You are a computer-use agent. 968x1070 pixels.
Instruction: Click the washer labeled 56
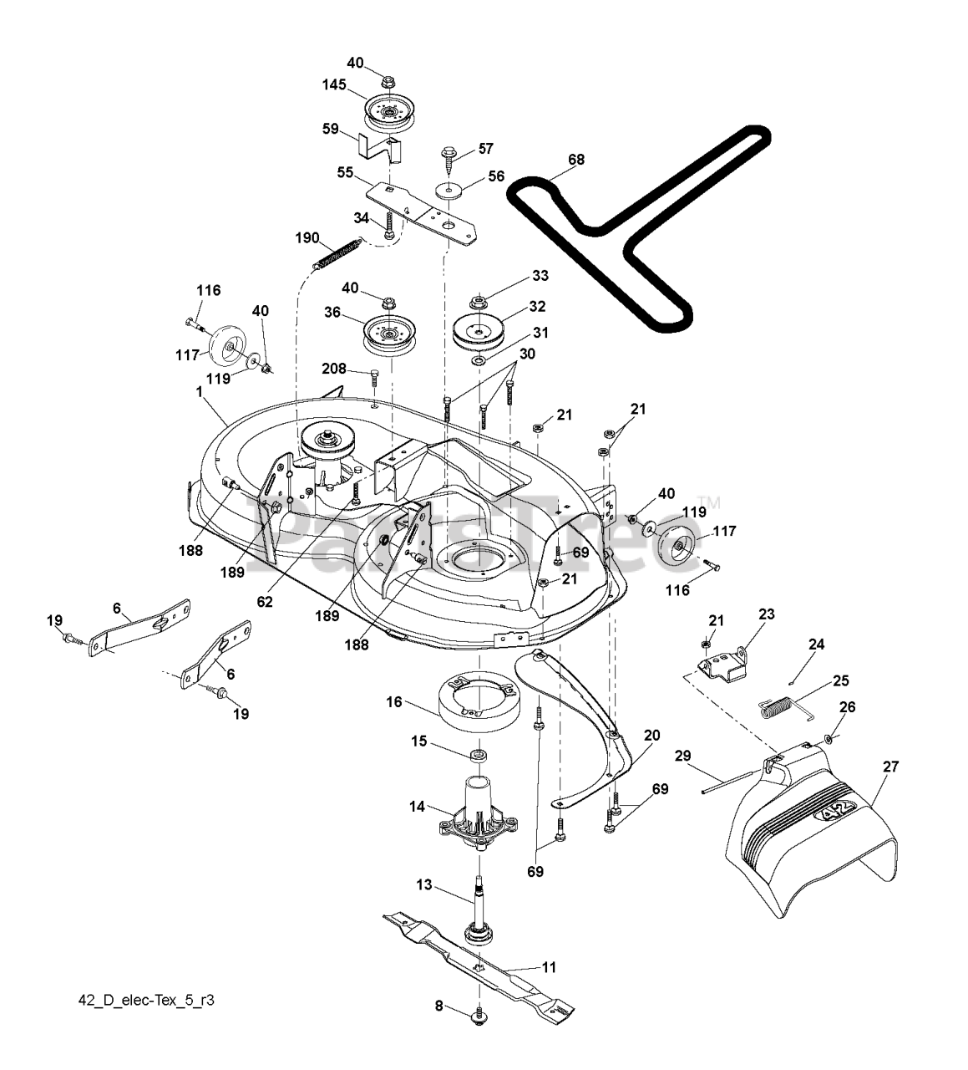[x=451, y=191]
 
